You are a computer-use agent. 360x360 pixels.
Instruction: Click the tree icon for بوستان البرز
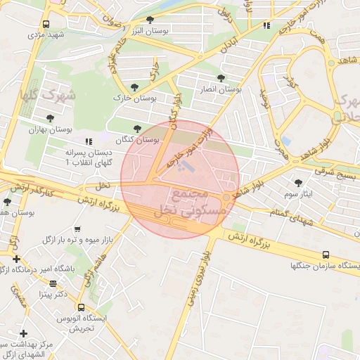point(150,20)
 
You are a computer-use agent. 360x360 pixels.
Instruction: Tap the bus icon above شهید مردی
point(46,24)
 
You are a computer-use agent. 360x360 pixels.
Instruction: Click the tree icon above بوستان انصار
point(221,78)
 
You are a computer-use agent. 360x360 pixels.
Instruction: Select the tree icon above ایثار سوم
point(298,182)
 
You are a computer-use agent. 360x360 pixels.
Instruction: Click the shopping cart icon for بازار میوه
point(77,229)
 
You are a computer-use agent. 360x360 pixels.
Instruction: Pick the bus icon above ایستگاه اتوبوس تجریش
point(82,307)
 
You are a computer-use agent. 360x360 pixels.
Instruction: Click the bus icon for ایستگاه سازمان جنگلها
point(325,255)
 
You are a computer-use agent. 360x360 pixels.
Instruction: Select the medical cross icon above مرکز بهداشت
point(23,333)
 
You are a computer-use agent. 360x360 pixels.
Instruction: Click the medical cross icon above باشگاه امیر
point(17,259)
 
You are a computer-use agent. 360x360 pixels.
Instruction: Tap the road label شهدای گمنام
point(288,214)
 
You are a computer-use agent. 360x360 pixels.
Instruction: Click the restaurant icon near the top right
point(266,25)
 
